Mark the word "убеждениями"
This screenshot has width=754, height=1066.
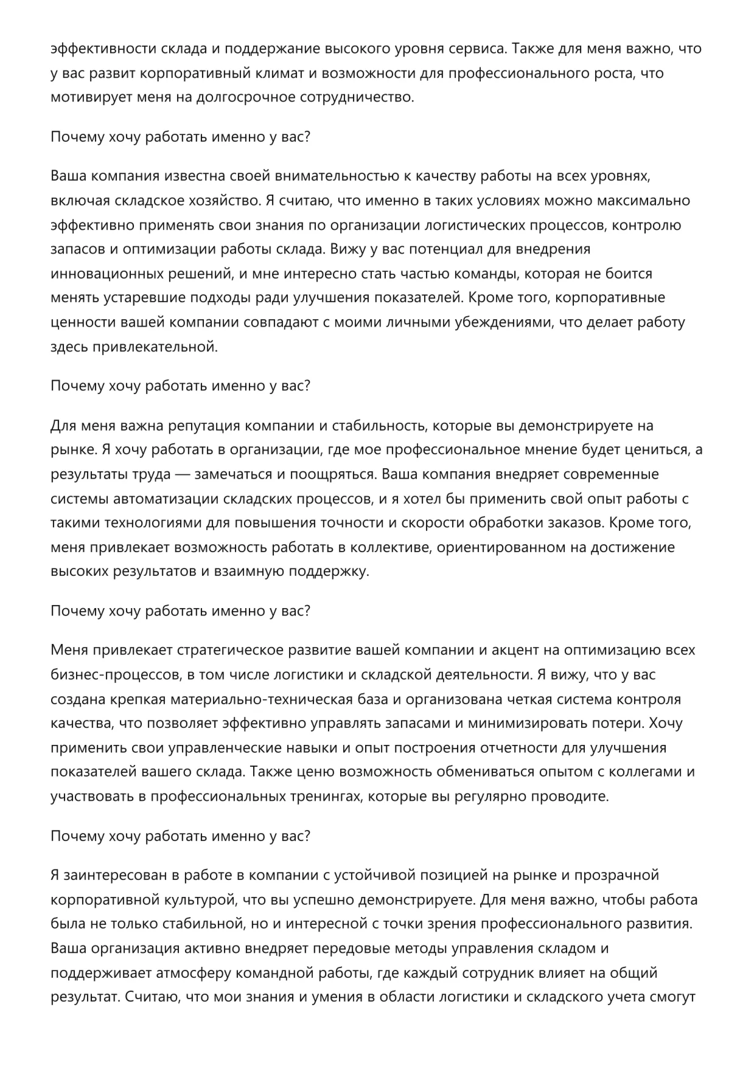click(x=503, y=322)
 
